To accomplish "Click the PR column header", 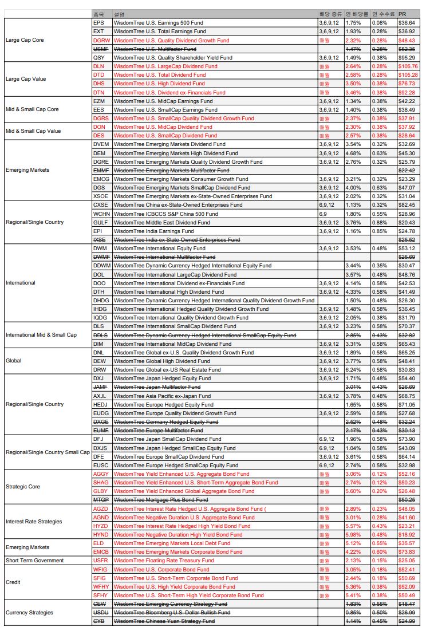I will (403, 14).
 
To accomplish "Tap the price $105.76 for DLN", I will (408, 66).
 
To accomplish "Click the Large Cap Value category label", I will (25, 79).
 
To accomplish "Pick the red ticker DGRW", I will (100, 40).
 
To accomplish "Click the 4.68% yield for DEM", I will (353, 153).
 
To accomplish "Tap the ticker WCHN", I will (101, 214).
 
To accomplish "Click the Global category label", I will (14, 361).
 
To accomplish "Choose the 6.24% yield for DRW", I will (353, 370).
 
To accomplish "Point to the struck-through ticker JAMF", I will (100, 387).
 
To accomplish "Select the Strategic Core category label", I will (23, 487).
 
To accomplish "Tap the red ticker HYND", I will (100, 534).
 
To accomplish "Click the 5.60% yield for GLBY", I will (353, 491).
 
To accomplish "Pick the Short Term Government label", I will (34, 561).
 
